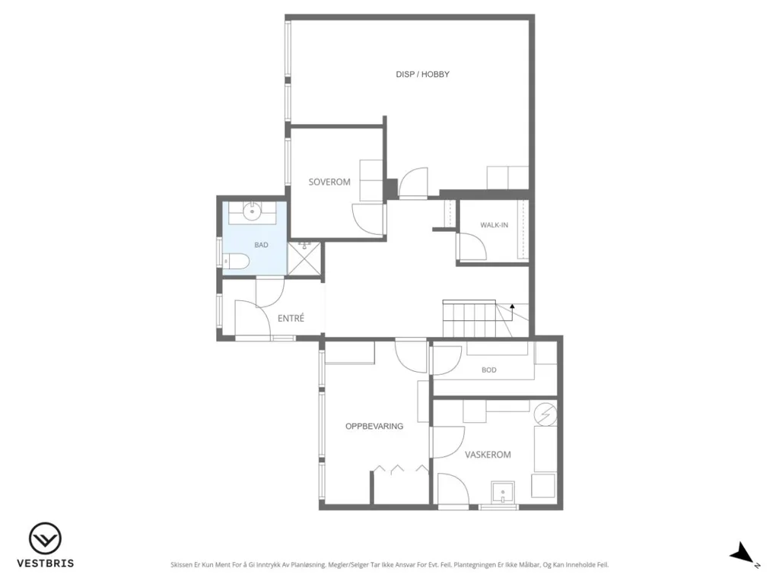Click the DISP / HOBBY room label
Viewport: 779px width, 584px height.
coord(422,75)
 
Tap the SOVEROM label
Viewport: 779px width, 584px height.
coord(329,182)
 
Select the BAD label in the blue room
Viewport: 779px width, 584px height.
coord(262,245)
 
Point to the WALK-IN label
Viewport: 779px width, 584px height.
coord(494,225)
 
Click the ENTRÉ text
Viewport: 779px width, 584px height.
coord(291,319)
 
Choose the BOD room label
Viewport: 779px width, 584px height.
coord(489,370)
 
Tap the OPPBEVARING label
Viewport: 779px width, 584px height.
coord(374,426)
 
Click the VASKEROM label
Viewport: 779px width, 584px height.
coord(488,455)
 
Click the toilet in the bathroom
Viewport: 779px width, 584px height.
coord(235,261)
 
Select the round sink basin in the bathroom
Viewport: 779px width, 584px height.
coord(253,212)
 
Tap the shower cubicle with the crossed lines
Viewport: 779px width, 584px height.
coord(304,258)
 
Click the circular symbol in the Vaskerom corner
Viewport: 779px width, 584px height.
coord(545,414)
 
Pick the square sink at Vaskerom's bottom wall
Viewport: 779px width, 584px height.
coord(503,493)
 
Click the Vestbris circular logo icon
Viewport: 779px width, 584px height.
coord(45,539)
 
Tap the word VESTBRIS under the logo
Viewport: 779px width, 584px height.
coord(46,563)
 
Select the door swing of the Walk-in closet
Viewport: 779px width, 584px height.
coord(472,246)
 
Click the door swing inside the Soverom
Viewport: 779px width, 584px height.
coord(368,219)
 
